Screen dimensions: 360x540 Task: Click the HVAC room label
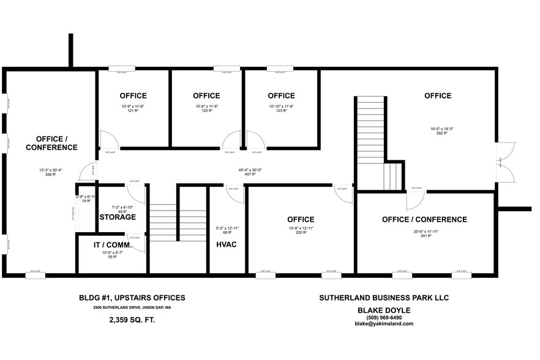tap(227, 244)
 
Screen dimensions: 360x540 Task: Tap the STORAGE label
tap(118, 217)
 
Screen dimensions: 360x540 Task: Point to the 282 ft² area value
tap(438, 133)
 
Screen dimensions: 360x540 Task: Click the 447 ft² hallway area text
tap(249, 174)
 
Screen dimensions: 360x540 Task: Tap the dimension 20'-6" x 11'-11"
tap(424, 231)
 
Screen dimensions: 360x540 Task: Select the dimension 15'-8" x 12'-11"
tap(301, 228)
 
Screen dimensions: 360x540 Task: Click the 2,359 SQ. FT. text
tap(132, 320)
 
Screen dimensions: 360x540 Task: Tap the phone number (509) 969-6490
tap(384, 317)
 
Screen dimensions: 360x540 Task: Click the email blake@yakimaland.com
tap(384, 324)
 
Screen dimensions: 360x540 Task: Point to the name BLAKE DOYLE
tap(384, 310)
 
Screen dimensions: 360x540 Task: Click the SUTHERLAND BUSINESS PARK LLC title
tap(384, 298)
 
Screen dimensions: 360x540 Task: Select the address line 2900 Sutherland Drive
tap(132, 307)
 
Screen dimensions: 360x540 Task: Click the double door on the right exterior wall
tap(504, 162)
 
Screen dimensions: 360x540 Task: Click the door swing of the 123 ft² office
tap(254, 140)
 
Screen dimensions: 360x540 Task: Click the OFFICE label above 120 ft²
tap(206, 96)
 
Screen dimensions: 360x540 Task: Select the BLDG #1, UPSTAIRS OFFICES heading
tap(132, 298)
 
